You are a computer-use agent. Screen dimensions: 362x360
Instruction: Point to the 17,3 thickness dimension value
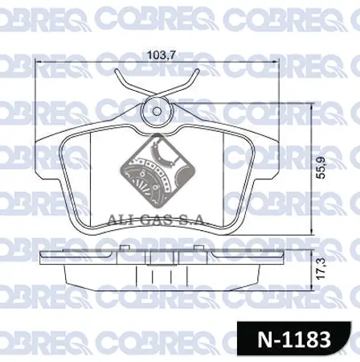click(311, 269)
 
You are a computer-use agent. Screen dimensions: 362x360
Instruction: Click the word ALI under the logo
click(120, 219)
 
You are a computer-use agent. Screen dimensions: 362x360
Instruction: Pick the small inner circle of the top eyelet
click(157, 111)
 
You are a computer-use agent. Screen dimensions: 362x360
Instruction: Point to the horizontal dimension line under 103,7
click(157, 64)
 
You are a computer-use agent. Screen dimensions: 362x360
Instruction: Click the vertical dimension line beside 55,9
click(300, 168)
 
